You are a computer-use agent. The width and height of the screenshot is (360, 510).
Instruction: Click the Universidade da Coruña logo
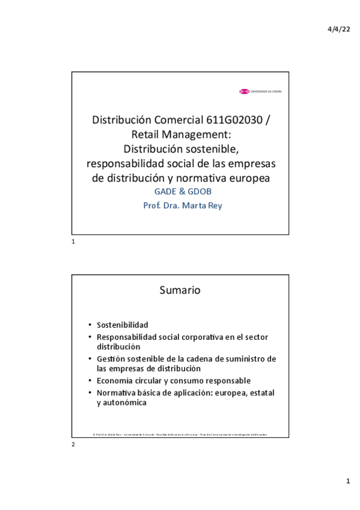click(260, 91)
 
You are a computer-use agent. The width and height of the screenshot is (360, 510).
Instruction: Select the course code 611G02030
click(233, 120)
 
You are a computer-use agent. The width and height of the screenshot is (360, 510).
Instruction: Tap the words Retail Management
click(180, 134)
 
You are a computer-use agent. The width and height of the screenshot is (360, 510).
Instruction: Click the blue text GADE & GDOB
click(180, 191)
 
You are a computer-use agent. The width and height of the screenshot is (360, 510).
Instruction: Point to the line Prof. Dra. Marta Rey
click(180, 205)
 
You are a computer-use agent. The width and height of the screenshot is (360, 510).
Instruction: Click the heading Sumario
click(180, 290)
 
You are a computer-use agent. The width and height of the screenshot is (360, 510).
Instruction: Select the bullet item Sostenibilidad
click(122, 325)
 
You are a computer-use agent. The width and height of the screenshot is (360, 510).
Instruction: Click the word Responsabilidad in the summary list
click(127, 337)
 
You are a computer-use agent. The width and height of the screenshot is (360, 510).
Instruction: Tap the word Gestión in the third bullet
click(111, 359)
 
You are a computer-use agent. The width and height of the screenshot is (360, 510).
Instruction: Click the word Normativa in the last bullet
click(117, 393)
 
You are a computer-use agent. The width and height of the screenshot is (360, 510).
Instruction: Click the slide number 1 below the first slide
click(73, 241)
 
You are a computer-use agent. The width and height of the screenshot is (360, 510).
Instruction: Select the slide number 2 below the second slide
click(73, 444)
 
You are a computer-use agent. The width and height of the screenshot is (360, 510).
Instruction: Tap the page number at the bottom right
click(347, 482)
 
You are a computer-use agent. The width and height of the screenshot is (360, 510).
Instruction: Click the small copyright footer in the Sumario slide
click(180, 434)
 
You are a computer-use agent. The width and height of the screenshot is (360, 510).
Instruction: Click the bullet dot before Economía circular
click(90, 381)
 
